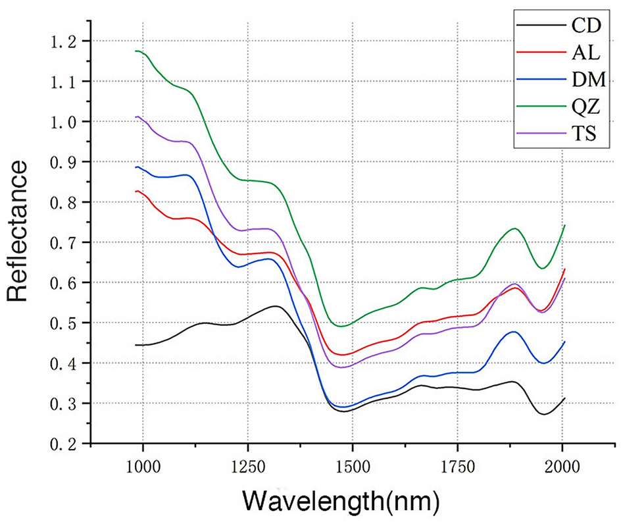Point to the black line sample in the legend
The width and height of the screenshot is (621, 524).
pos(534,26)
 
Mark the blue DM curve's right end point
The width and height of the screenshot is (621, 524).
pos(564,342)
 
